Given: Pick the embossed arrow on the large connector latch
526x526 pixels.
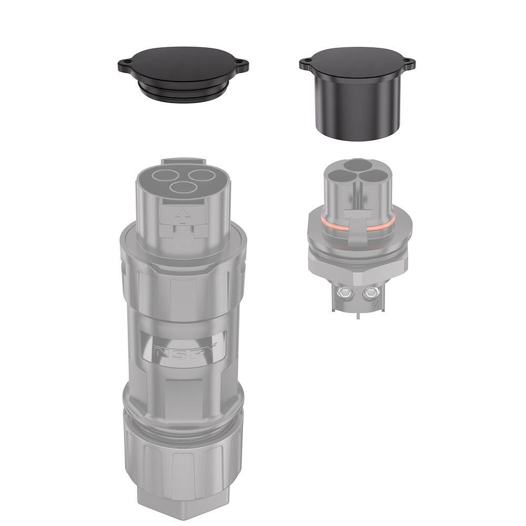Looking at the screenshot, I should click(x=183, y=214).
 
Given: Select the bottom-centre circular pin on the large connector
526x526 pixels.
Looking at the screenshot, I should click(x=181, y=188).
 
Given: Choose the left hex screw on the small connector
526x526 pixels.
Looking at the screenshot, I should click(x=346, y=291).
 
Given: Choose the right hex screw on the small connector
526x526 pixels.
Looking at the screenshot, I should click(x=374, y=291).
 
